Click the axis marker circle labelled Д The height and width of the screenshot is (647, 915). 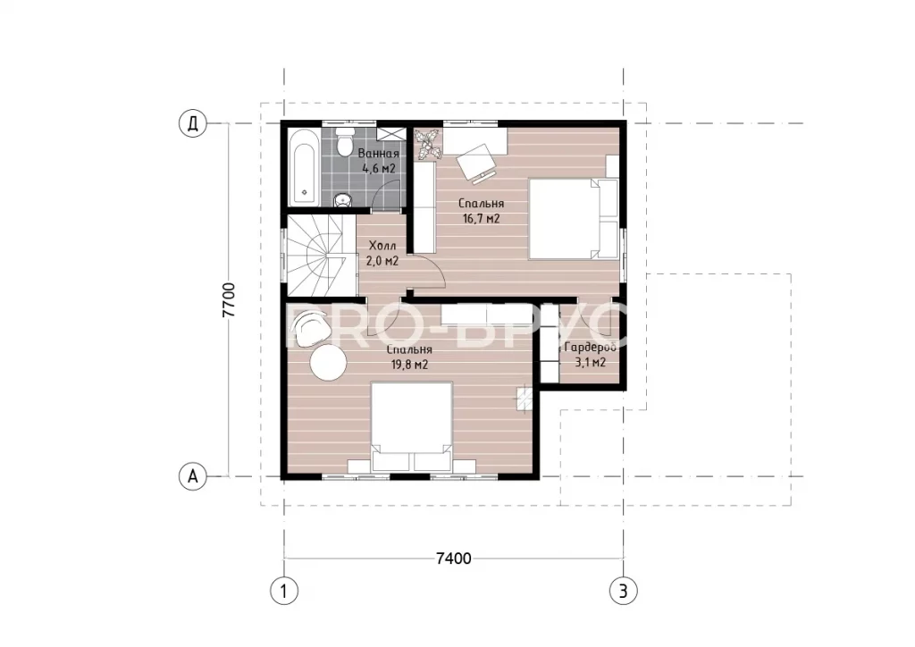(x=193, y=124)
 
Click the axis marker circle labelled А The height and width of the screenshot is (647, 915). (x=193, y=476)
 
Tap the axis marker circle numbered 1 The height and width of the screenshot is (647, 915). (x=284, y=592)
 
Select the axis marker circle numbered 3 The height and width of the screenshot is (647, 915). (x=623, y=592)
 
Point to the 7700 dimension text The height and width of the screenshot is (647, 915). (x=229, y=300)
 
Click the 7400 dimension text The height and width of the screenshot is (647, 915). (x=453, y=559)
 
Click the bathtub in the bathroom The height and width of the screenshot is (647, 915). (x=304, y=167)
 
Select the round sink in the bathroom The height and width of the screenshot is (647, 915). (x=343, y=200)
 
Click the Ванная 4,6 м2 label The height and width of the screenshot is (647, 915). (x=379, y=161)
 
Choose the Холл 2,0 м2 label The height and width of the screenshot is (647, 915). (x=382, y=254)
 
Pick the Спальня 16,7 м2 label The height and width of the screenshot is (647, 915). (x=481, y=211)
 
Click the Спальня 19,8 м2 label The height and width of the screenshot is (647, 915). (x=409, y=357)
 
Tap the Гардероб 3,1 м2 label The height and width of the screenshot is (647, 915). (x=591, y=355)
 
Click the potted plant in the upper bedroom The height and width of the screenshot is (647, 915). (x=428, y=144)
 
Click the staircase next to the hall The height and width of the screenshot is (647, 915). (x=321, y=256)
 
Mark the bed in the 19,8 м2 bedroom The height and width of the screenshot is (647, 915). (x=413, y=426)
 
